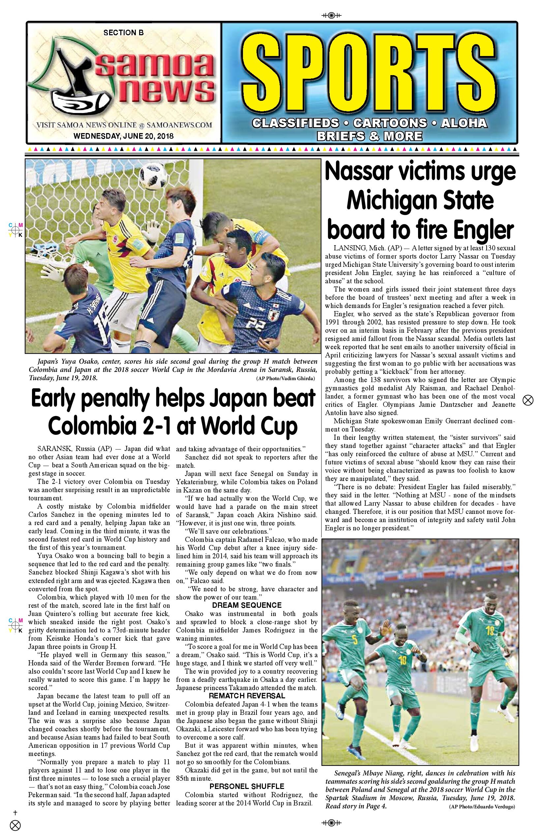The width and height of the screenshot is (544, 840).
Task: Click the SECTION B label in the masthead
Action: [x=123, y=33]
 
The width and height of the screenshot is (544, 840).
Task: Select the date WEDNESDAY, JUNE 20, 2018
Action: [x=123, y=136]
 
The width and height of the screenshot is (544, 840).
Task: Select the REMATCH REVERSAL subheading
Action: [x=247, y=696]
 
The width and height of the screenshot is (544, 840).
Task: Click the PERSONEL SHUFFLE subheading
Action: [x=247, y=786]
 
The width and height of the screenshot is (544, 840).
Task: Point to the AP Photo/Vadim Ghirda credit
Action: [x=286, y=378]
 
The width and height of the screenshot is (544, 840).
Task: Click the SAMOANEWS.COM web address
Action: [x=179, y=125]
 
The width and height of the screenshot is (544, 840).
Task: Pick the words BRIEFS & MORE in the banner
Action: [x=369, y=136]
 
